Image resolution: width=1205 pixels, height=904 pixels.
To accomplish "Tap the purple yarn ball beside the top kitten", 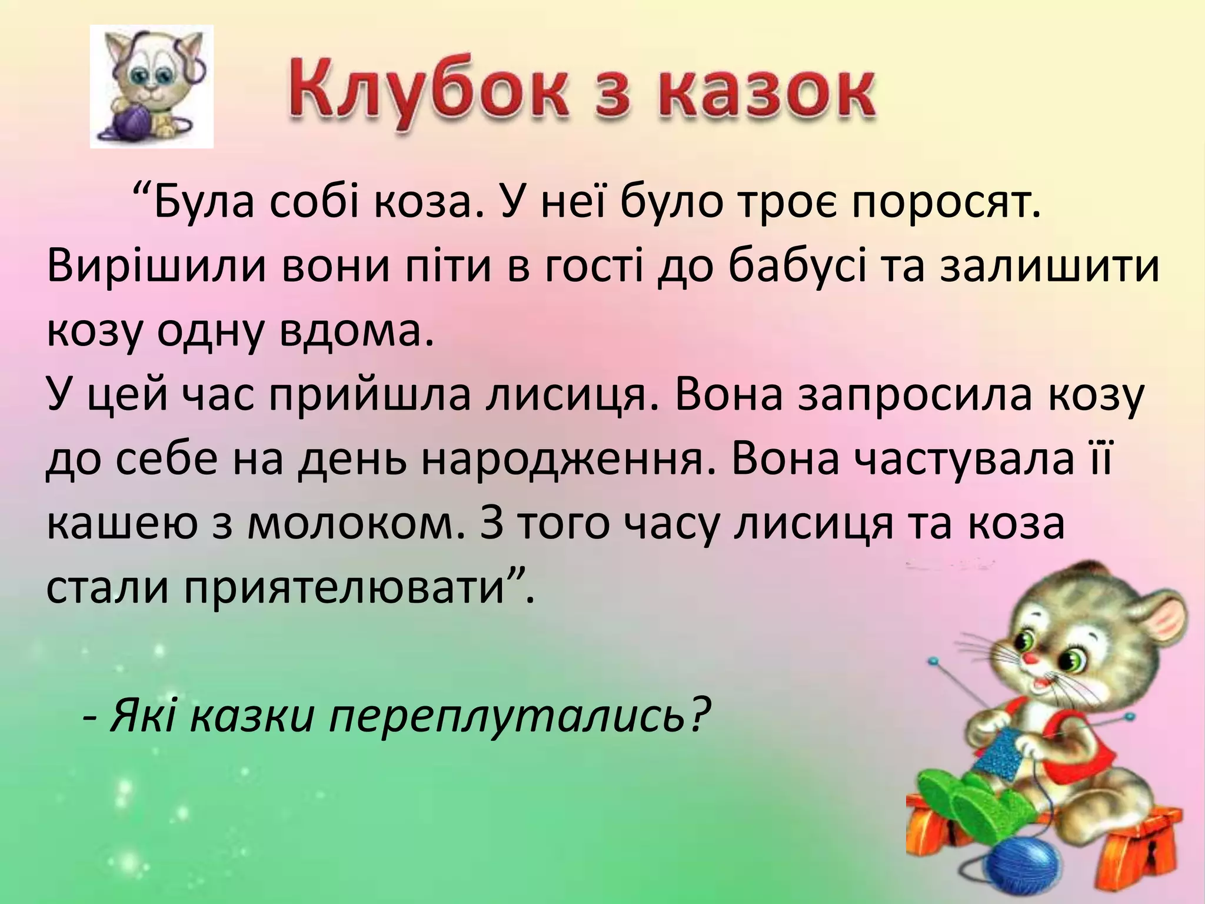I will click(132, 124).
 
